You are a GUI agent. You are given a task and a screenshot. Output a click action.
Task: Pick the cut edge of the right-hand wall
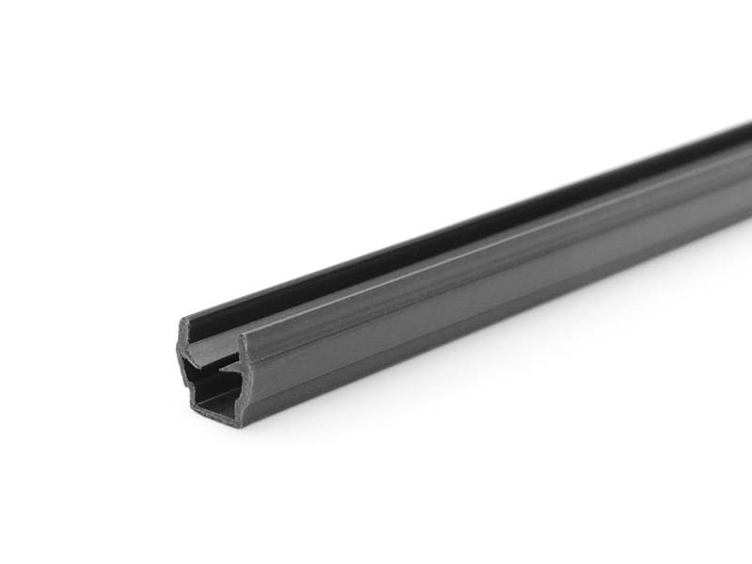[243, 376]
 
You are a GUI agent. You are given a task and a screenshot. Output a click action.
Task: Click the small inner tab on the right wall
[232, 376]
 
